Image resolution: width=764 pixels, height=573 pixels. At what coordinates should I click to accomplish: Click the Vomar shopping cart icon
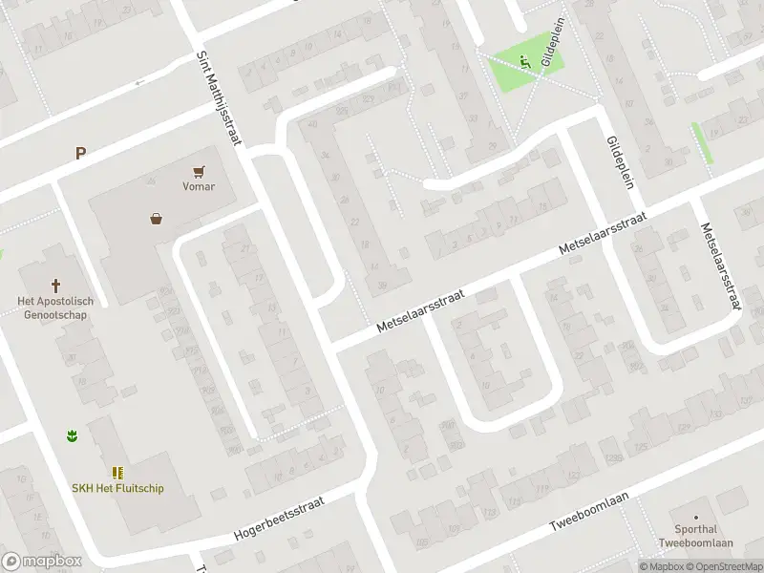(x=199, y=171)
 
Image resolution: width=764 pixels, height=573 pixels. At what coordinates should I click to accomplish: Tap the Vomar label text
(x=199, y=186)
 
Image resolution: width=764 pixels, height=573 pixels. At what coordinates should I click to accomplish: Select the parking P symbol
(x=81, y=152)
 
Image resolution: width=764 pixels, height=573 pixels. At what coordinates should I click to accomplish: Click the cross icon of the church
(x=55, y=285)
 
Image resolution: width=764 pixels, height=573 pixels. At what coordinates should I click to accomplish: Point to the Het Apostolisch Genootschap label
(x=53, y=307)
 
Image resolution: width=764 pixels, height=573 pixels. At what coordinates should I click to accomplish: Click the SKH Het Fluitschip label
(x=117, y=488)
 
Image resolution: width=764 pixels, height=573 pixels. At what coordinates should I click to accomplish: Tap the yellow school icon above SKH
(x=117, y=473)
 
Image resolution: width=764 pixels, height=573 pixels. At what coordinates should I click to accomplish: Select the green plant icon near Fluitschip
(x=72, y=436)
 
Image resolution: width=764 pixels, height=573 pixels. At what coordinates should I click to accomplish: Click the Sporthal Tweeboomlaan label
(x=695, y=536)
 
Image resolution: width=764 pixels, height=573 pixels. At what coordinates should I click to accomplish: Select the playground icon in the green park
(x=524, y=62)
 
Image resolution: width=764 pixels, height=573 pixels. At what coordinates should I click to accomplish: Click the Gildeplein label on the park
(x=551, y=46)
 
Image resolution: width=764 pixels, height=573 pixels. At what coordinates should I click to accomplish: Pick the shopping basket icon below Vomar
(x=156, y=218)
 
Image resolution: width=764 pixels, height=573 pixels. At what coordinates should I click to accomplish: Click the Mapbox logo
(x=41, y=562)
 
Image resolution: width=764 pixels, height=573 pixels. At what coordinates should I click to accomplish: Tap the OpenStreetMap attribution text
(x=714, y=566)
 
